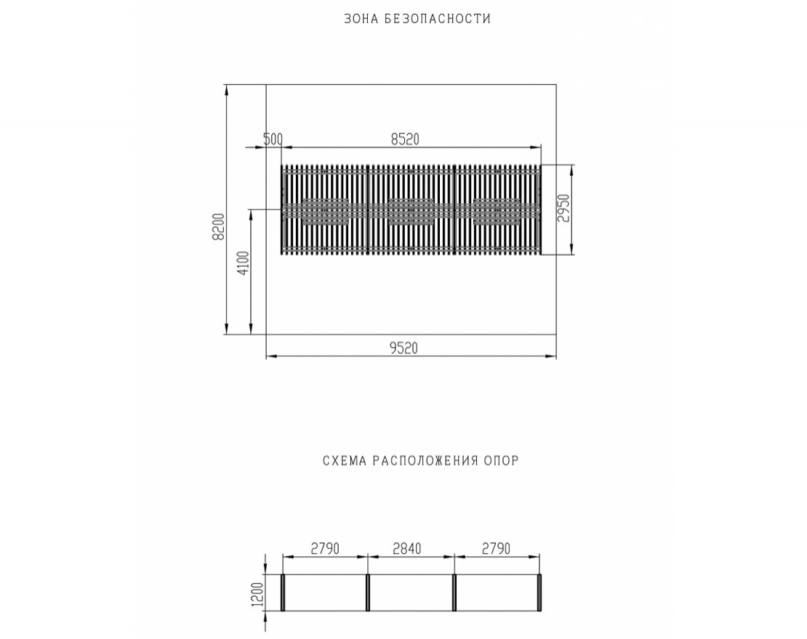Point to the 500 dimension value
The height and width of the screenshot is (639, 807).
coord(273,139)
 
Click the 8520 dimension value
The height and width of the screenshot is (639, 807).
coord(405,139)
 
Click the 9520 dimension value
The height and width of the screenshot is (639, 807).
coord(403,348)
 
